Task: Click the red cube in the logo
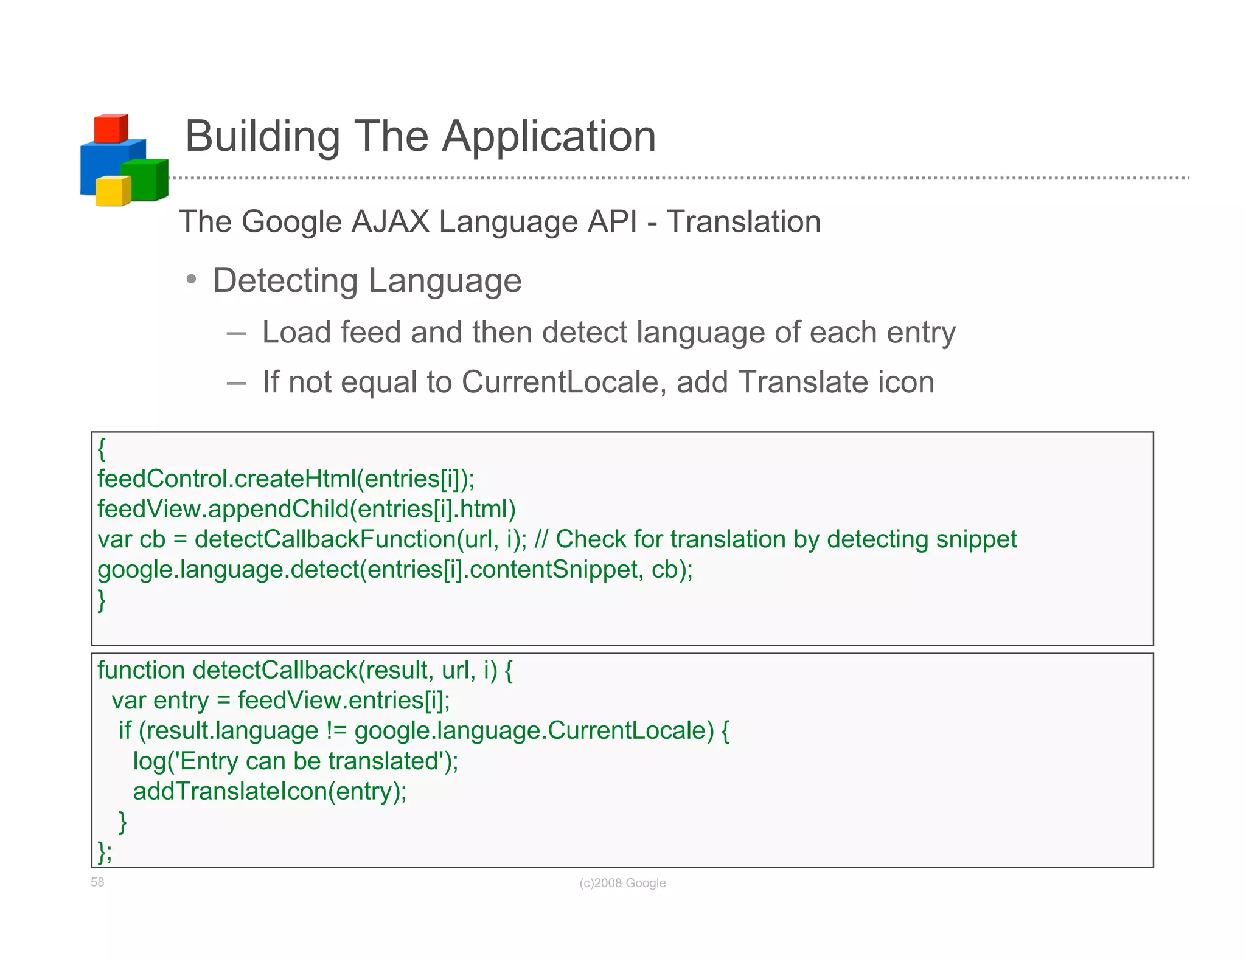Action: pyautogui.click(x=110, y=129)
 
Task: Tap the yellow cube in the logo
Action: pyautogui.click(x=112, y=192)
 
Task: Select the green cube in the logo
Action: pyautogui.click(x=143, y=181)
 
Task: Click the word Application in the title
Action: pyautogui.click(x=549, y=136)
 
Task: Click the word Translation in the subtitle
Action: pyautogui.click(x=743, y=221)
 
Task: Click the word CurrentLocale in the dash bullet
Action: pyautogui.click(x=560, y=382)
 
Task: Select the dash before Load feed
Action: pyautogui.click(x=236, y=333)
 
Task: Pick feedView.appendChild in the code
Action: pyautogui.click(x=223, y=509)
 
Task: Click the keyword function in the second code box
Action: pyautogui.click(x=141, y=670)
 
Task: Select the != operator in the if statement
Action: pyautogui.click(x=336, y=730)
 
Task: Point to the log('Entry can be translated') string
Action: pyautogui.click(x=295, y=761)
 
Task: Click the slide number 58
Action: pyautogui.click(x=97, y=882)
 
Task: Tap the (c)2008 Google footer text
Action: pyautogui.click(x=622, y=883)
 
